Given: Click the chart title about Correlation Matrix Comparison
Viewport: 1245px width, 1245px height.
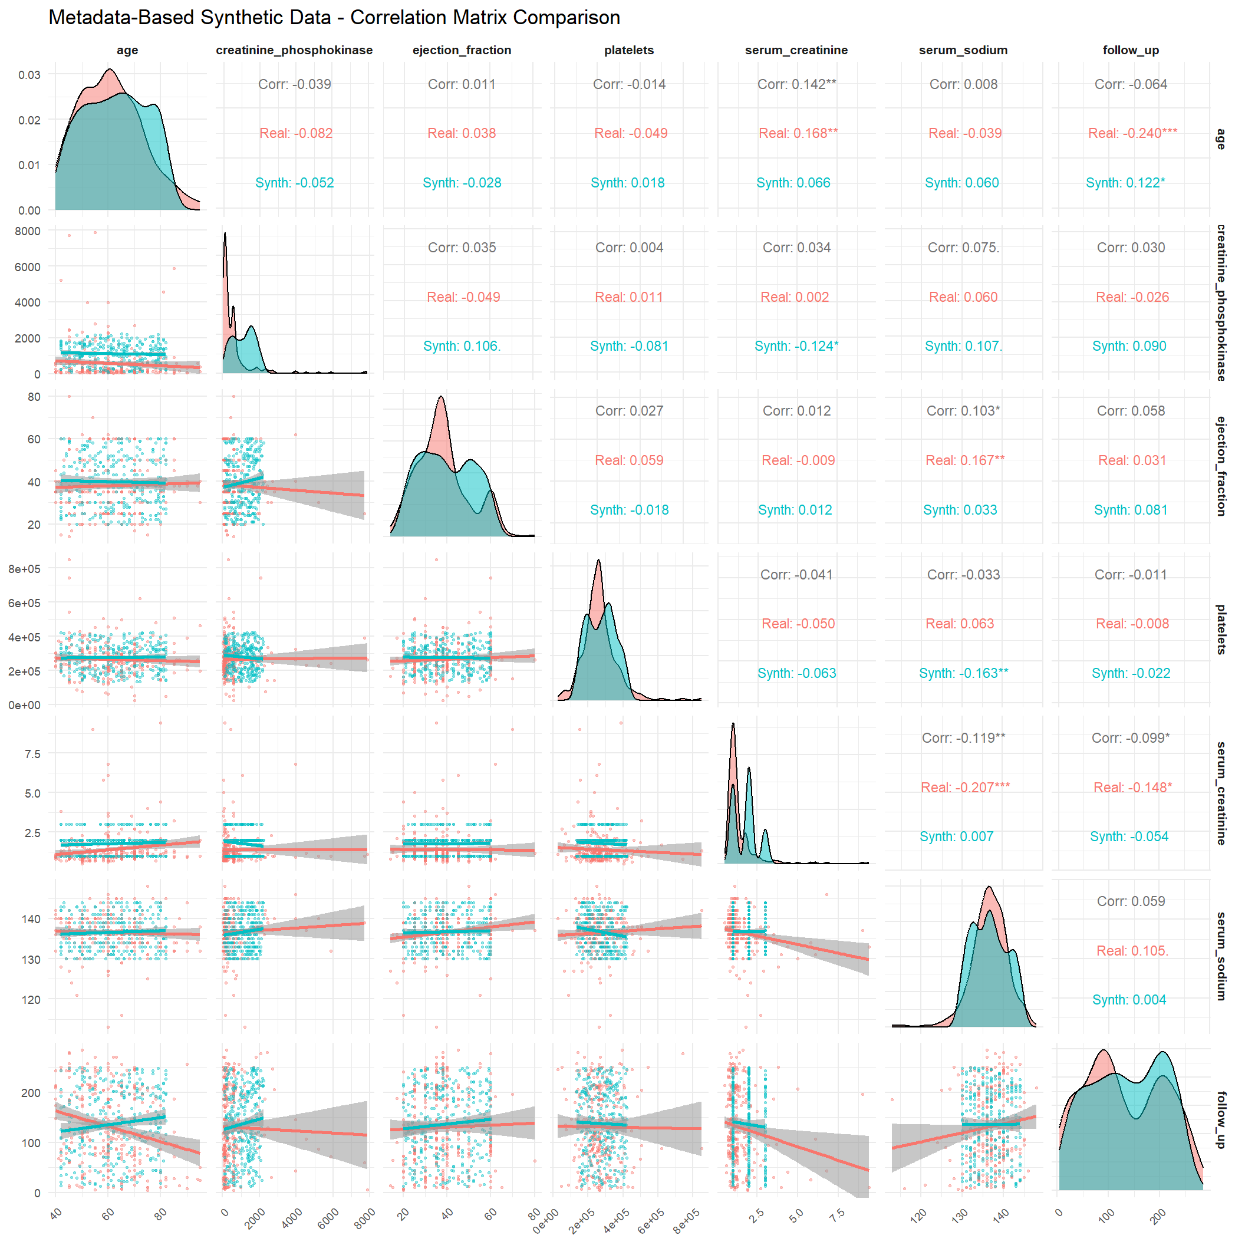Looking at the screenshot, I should [x=334, y=18].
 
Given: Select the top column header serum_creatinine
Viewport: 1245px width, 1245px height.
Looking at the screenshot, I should [x=796, y=50].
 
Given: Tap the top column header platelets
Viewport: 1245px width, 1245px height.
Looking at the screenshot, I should [x=629, y=50].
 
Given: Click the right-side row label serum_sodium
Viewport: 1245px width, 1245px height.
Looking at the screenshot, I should [x=1220, y=956].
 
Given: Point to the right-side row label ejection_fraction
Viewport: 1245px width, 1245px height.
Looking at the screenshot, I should [x=1220, y=466].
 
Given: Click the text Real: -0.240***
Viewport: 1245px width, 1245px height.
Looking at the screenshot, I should [x=1132, y=133].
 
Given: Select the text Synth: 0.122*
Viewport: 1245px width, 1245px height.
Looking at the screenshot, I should [x=1125, y=183].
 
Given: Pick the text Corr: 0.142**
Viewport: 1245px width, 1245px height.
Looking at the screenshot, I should [x=796, y=84].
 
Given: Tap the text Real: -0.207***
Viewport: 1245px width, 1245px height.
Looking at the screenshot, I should [x=964, y=788].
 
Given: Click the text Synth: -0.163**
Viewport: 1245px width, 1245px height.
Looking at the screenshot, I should [x=963, y=673].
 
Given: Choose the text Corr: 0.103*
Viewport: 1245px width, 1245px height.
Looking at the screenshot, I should [x=963, y=411].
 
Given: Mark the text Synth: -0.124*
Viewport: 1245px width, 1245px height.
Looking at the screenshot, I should [x=796, y=347].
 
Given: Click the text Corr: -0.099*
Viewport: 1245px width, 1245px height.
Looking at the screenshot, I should [x=1130, y=739].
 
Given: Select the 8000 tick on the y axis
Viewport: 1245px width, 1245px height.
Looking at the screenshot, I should [x=28, y=231].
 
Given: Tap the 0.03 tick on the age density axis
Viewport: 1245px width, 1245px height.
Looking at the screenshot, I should [x=29, y=75].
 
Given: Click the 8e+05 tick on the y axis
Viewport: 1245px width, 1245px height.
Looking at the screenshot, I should [x=25, y=569].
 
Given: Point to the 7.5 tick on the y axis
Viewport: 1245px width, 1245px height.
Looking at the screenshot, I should [x=32, y=754].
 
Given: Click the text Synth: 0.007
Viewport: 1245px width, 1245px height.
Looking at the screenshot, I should [x=956, y=837].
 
